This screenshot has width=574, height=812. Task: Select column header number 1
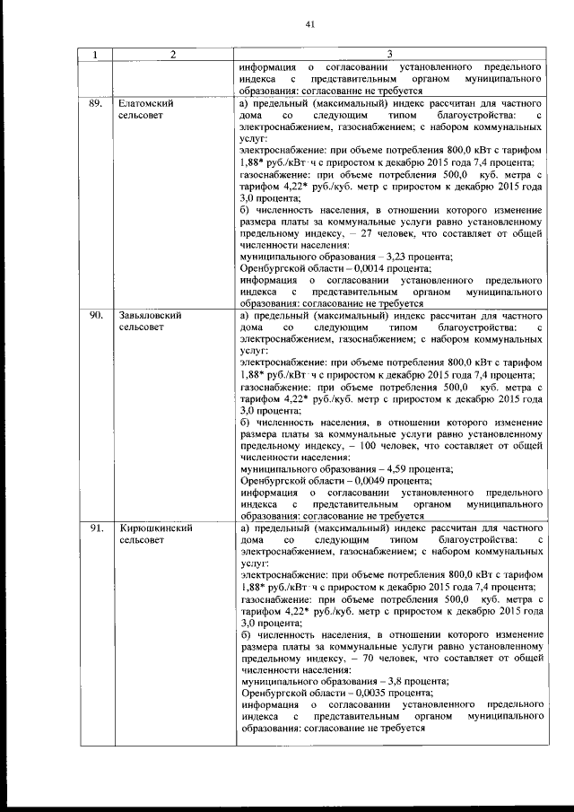[x=94, y=56]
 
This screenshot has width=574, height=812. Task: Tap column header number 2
[x=172, y=56]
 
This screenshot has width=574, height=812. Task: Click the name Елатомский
[x=146, y=104]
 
